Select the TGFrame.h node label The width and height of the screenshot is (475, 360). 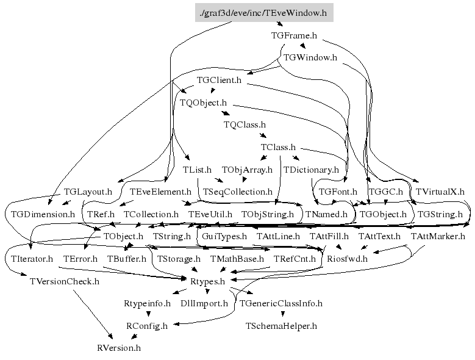point(294,35)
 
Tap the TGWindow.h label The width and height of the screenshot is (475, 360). point(310,58)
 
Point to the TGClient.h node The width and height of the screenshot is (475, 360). point(219,80)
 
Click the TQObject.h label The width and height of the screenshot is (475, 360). point(203,103)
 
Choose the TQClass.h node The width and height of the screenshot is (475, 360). point(245,124)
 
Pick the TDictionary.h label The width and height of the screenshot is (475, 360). point(310,170)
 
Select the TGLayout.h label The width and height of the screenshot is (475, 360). point(88,192)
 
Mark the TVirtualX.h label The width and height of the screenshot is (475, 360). point(440,192)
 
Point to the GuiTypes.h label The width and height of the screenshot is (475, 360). point(224,236)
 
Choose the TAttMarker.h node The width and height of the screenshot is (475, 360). point(438,236)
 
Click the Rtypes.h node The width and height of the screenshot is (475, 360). point(208,281)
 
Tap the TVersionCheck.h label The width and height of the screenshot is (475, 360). point(64,281)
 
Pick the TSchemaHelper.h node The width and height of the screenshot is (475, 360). point(281,326)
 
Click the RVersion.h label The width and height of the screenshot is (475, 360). point(119,348)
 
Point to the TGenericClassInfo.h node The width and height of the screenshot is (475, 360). point(280,303)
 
